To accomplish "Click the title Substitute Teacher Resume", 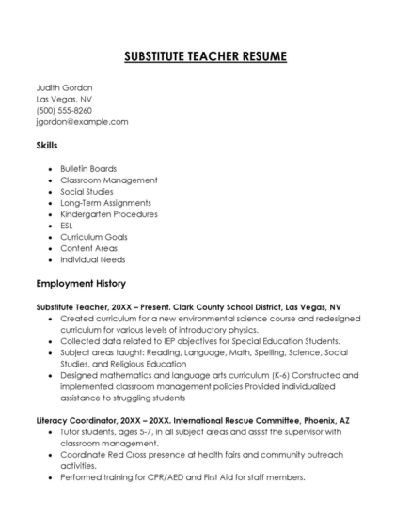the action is click(x=205, y=56).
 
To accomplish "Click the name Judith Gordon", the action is click(x=64, y=87).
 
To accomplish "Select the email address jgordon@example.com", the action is click(x=82, y=121).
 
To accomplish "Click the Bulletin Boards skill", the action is click(x=88, y=168).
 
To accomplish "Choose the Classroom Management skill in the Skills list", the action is click(x=108, y=180).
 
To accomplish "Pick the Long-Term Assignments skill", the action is click(x=104, y=202).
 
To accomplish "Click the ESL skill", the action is click(x=68, y=226).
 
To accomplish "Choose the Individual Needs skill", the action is click(x=92, y=259).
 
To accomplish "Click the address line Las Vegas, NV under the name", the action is click(x=64, y=99).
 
